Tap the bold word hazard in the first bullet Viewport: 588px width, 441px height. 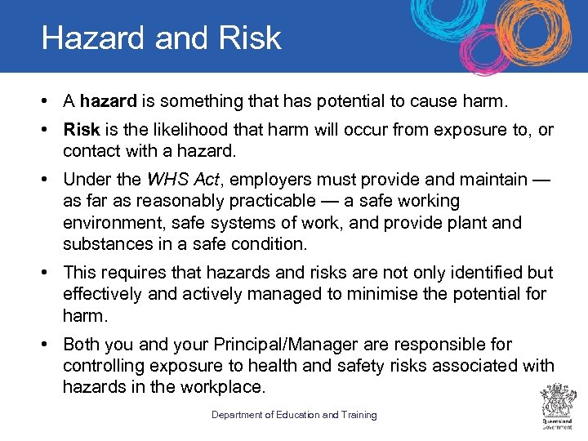[109, 101]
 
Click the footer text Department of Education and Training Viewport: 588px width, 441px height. [294, 415]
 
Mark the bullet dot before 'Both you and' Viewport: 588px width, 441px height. [51, 344]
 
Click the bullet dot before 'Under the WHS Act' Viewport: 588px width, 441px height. [51, 179]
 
